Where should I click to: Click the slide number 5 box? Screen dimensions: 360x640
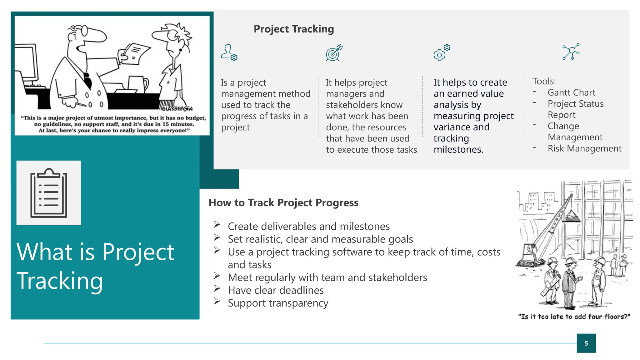click(586, 343)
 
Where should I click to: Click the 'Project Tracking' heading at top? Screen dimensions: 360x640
click(293, 29)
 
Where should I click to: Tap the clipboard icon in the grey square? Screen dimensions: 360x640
click(49, 193)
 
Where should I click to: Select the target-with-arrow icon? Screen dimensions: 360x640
click(334, 53)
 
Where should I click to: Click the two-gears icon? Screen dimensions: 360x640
click(442, 52)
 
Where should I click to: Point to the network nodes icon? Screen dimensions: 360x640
click(571, 51)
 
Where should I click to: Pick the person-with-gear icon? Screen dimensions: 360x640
click(229, 52)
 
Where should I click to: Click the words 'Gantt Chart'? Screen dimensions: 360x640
click(571, 92)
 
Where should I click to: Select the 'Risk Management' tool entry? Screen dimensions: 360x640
click(584, 148)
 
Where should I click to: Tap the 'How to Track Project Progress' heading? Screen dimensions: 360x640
click(283, 203)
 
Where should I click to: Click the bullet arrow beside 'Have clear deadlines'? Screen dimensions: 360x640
click(217, 288)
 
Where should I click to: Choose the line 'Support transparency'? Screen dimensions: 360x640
click(278, 303)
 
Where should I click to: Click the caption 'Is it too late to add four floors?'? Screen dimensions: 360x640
click(574, 317)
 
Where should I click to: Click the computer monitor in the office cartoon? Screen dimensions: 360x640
click(27, 62)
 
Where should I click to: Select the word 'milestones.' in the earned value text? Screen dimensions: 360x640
click(458, 150)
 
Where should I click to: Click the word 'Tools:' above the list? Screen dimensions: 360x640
click(544, 81)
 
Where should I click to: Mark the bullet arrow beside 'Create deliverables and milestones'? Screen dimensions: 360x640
click(217, 224)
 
